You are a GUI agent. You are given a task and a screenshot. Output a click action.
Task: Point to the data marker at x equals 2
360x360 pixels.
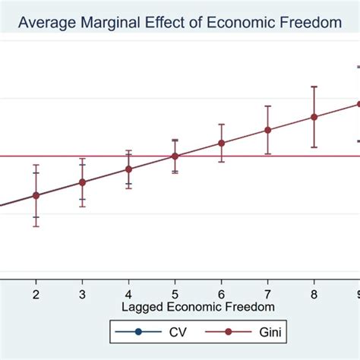(36, 195)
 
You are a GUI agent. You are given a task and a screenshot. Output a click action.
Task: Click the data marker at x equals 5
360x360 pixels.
(175, 156)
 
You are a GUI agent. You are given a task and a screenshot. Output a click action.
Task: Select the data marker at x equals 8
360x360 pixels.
(314, 117)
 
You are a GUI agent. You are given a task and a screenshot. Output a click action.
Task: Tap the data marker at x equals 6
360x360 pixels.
(221, 143)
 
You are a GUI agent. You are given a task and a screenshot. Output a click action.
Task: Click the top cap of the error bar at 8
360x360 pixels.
(314, 87)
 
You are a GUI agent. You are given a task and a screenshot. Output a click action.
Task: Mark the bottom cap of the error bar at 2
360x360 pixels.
(36, 226)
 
